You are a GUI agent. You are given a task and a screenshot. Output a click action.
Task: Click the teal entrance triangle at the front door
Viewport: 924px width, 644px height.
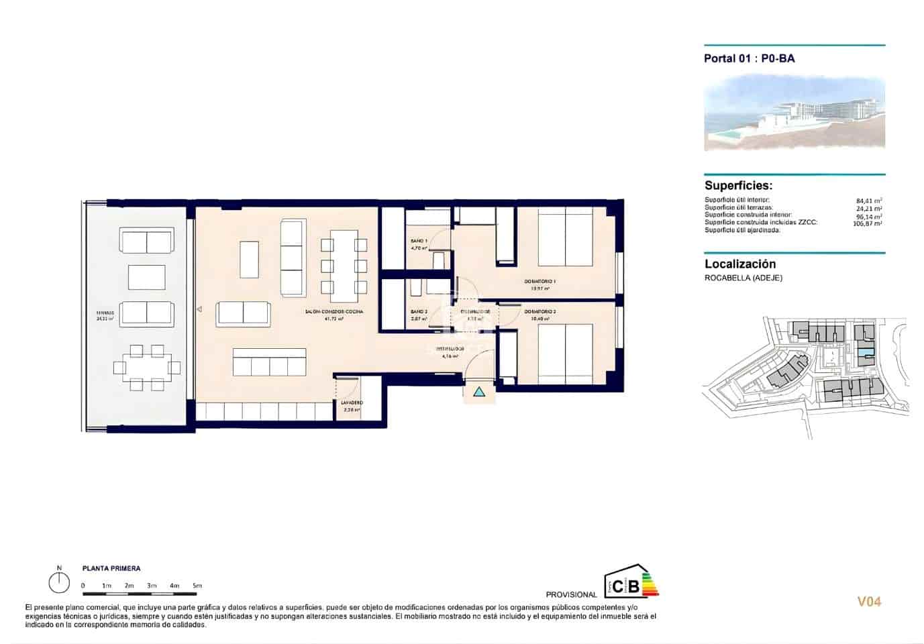click(478, 392)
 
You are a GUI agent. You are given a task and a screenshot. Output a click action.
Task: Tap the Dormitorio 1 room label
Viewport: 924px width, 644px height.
click(540, 282)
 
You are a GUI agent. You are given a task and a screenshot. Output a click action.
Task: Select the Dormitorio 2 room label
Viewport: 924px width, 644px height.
click(540, 312)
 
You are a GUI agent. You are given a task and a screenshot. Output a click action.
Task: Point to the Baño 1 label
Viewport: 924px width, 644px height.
click(419, 240)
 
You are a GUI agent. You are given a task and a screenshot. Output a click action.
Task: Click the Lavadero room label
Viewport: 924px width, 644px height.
click(352, 402)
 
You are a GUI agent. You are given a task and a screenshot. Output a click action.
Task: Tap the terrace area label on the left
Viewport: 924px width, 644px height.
click(105, 313)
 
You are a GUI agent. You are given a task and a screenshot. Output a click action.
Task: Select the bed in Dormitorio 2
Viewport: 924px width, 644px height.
click(565, 354)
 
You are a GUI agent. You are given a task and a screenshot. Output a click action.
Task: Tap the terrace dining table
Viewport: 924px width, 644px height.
click(147, 367)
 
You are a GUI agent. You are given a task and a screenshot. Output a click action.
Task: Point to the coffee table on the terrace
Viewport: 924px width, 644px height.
click(147, 277)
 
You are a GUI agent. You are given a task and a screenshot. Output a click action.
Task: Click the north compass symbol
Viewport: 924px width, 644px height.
click(59, 582)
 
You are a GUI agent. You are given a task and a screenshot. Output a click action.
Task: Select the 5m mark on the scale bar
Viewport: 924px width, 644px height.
click(197, 586)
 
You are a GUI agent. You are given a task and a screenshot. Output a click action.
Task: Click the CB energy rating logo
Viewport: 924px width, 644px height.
click(630, 581)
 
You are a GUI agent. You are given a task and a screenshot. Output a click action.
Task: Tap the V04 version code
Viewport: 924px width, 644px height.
click(869, 602)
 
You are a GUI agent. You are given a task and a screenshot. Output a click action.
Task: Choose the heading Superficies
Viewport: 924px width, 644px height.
click(738, 186)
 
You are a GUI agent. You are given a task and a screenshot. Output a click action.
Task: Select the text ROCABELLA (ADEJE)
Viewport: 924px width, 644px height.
click(743, 278)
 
